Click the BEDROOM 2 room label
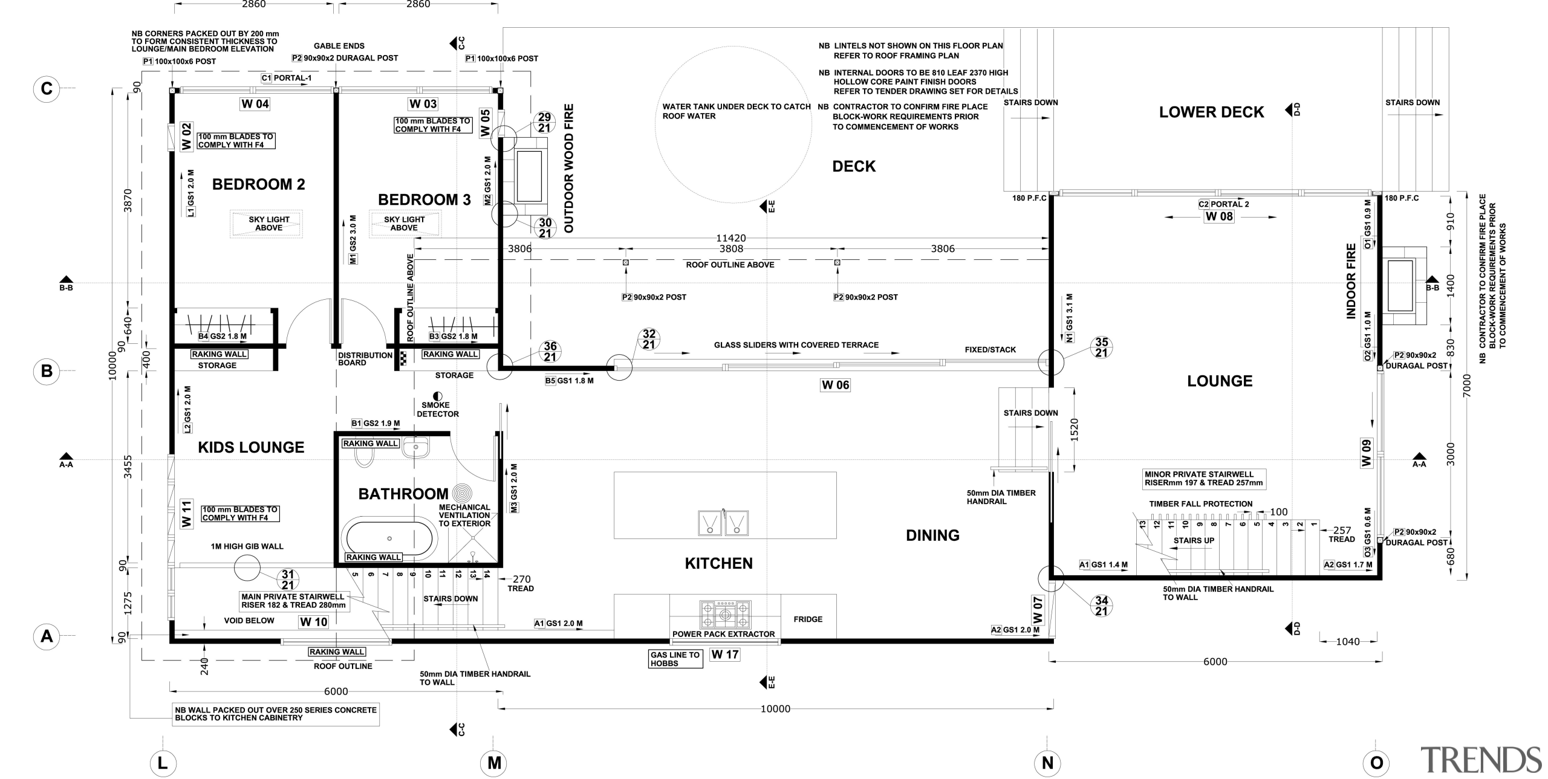pyautogui.click(x=258, y=184)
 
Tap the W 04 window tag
pyautogui.click(x=255, y=104)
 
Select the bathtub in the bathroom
pyautogui.click(x=389, y=537)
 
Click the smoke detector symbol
pyautogui.click(x=438, y=396)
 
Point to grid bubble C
pyautogui.click(x=47, y=89)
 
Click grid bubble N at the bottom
pyautogui.click(x=1047, y=763)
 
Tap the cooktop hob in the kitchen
pyautogui.click(x=724, y=615)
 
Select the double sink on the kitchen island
pyautogui.click(x=723, y=523)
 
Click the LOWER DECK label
pyautogui.click(x=1211, y=112)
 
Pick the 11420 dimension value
pyautogui.click(x=731, y=239)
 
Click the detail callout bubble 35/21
pyautogui.click(x=1101, y=347)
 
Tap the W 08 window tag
pyautogui.click(x=1219, y=216)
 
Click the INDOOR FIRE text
pyautogui.click(x=1351, y=281)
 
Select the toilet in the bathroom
pyautogui.click(x=365, y=457)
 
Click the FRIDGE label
pyautogui.click(x=808, y=619)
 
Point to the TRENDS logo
pyautogui.click(x=1480, y=760)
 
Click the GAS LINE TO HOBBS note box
pyautogui.click(x=675, y=659)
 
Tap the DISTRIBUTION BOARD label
pyautogui.click(x=365, y=359)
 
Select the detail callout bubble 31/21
pyautogui.click(x=288, y=580)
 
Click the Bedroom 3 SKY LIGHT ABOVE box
pyautogui.click(x=405, y=224)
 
